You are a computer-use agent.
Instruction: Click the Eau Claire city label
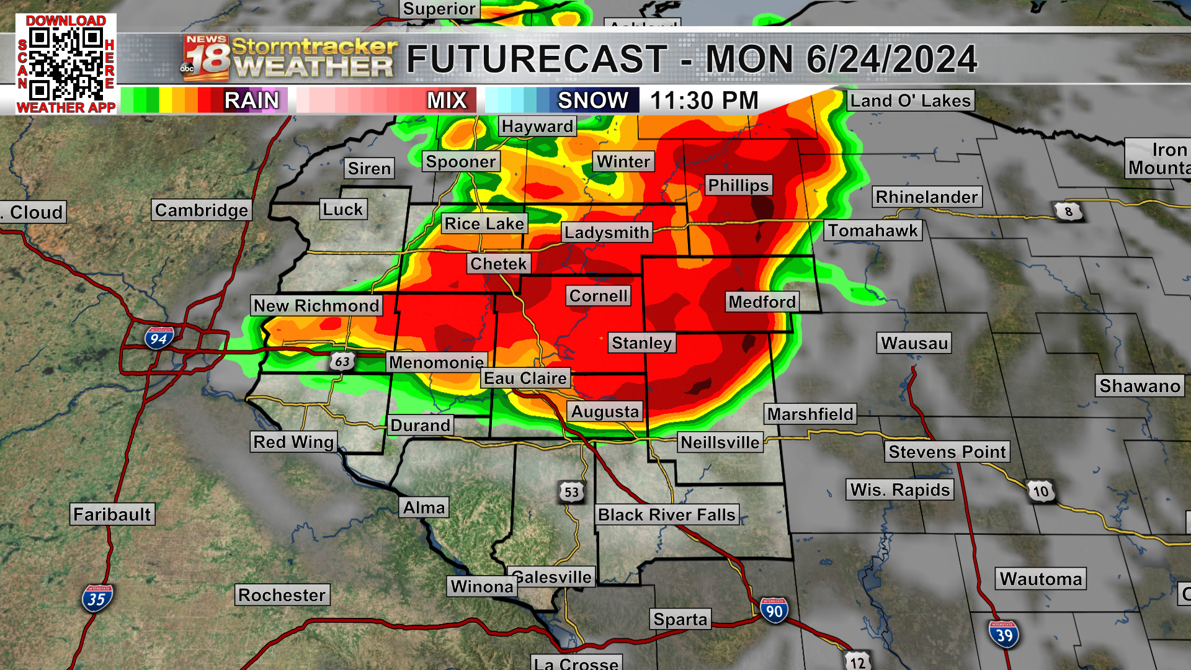(x=525, y=378)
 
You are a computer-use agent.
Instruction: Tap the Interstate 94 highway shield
(x=159, y=338)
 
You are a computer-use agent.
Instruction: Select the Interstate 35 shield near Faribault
(x=96, y=599)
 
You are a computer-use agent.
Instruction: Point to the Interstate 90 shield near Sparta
(x=774, y=611)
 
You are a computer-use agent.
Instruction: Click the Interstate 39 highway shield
(x=1004, y=635)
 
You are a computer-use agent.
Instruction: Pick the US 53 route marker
(x=571, y=493)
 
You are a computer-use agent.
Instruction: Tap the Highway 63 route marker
(x=342, y=361)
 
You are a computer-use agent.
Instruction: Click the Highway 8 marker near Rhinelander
(x=1068, y=212)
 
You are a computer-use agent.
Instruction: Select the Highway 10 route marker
(x=1041, y=492)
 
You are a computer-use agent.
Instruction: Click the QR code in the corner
(x=66, y=65)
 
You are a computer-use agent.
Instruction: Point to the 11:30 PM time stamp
(x=704, y=100)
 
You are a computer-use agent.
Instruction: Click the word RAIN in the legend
(x=252, y=100)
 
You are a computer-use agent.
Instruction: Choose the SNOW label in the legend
(x=592, y=100)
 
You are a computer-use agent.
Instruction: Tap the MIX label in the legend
(x=447, y=100)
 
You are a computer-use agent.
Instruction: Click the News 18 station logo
(x=206, y=58)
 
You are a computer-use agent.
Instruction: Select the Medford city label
(x=762, y=302)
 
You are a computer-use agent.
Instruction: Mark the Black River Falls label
(x=666, y=515)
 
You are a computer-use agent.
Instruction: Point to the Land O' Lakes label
(x=910, y=100)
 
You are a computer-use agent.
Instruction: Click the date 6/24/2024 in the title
(x=891, y=60)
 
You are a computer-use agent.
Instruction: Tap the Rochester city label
(x=282, y=595)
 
